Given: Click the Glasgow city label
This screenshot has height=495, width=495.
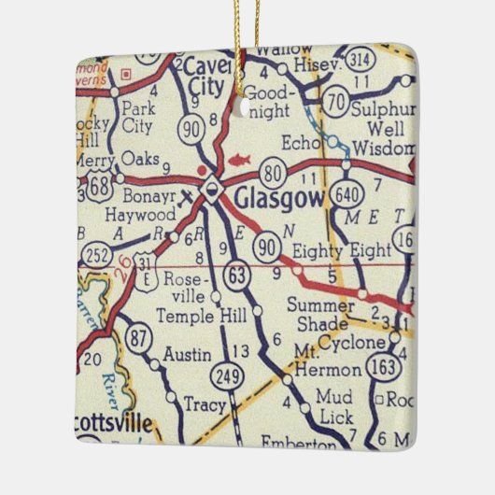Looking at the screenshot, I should pos(277,197).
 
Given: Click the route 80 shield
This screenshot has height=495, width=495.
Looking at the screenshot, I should pos(273,171).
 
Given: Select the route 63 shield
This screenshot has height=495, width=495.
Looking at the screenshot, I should pos(236,275).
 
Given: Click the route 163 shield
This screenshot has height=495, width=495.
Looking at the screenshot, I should pos(382,368).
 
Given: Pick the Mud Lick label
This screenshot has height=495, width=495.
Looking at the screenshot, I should pos(333,404).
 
